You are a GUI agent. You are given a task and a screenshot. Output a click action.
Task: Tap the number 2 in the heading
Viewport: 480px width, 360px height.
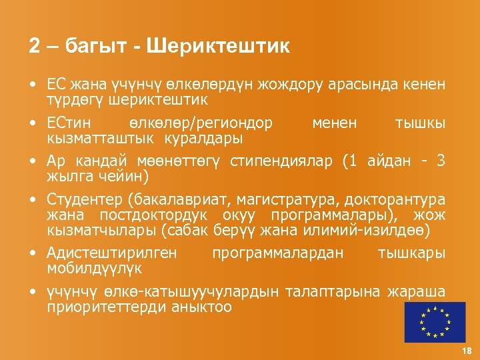(x=35, y=47)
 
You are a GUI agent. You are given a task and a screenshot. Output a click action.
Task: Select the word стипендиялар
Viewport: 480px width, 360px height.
(x=283, y=163)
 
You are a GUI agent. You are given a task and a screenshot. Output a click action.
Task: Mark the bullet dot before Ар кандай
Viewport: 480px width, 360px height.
(x=32, y=163)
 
